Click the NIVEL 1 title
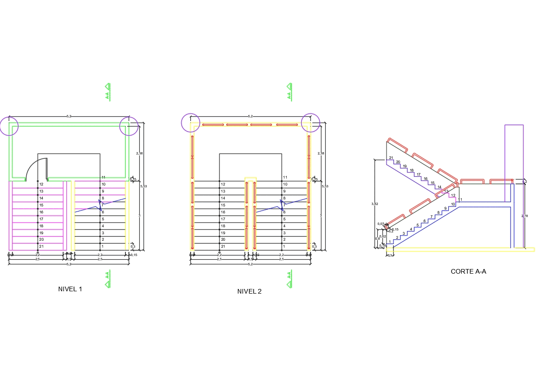tap(70, 289)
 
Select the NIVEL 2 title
tap(249, 291)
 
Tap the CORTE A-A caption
tap(468, 271)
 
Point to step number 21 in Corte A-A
tap(391, 158)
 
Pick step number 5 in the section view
tap(417, 225)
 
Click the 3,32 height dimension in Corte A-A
tap(375, 204)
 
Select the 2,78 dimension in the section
tap(524, 216)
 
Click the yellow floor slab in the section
tap(459, 250)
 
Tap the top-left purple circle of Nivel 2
tap(190, 123)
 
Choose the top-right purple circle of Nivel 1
tap(129, 126)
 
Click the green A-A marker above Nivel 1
tap(108, 92)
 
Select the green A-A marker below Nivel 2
tap(290, 278)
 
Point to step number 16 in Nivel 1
tap(41, 212)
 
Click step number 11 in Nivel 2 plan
tap(285, 177)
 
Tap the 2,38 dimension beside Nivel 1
tap(139, 153)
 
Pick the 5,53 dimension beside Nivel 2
tap(325, 186)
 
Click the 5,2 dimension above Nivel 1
tap(69, 116)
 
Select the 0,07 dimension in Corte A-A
tap(380, 224)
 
